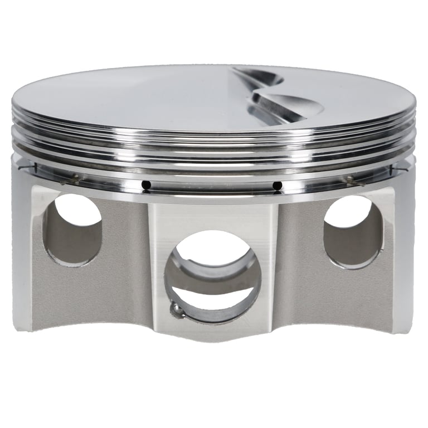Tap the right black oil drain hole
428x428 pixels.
point(275,185)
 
